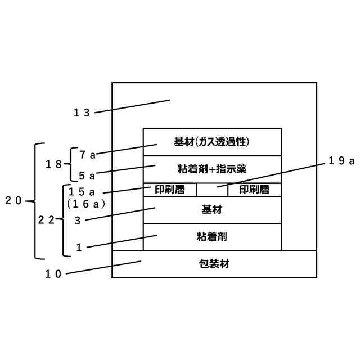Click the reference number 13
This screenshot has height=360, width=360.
[x=82, y=112]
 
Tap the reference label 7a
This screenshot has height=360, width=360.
[x=87, y=154]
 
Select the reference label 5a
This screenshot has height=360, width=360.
[x=87, y=175]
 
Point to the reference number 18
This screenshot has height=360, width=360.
[x=54, y=164]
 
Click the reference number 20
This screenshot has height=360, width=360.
[x=13, y=200]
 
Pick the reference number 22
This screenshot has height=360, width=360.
[x=46, y=220]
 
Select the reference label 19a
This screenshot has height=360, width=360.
[x=341, y=161]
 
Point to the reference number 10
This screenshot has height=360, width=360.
[x=53, y=274]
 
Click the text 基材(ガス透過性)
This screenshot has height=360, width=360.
[x=211, y=142]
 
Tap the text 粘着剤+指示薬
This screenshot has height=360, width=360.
[x=211, y=169]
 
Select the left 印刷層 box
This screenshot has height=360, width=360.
[x=170, y=190]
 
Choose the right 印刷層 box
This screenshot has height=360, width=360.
[x=254, y=190]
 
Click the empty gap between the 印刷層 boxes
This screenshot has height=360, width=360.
[x=212, y=190]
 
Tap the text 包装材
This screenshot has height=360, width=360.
[x=214, y=264]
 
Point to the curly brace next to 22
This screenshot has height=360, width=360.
[x=62, y=220]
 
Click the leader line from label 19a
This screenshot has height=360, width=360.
[x=270, y=172]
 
